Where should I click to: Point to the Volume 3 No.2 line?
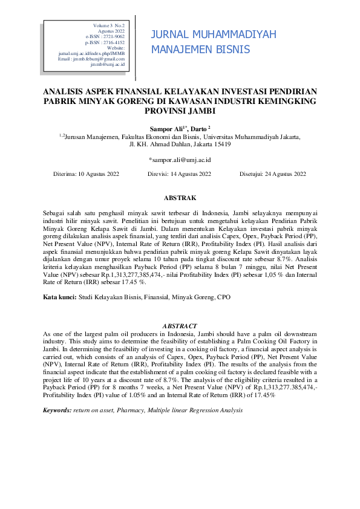[108, 25]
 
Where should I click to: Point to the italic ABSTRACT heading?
[180, 326]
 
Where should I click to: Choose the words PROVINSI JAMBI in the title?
[180, 111]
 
